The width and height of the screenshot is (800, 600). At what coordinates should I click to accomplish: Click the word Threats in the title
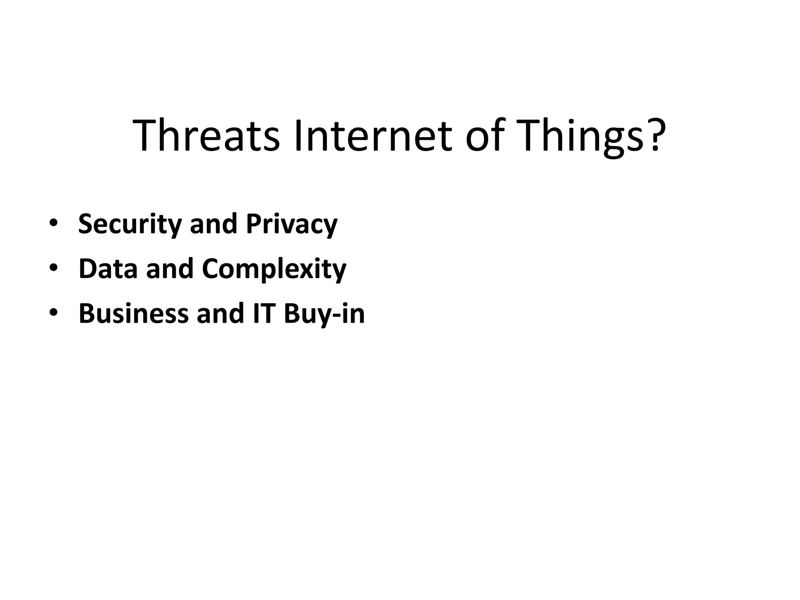coord(206,135)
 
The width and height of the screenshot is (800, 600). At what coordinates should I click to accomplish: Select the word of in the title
coord(483,135)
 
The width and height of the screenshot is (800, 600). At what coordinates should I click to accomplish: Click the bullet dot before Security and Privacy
coord(54,223)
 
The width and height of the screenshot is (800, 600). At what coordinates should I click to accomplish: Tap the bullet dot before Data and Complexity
coord(54,268)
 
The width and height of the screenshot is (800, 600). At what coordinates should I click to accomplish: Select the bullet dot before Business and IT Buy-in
coord(54,313)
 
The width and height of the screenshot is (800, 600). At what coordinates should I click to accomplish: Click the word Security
coord(130,224)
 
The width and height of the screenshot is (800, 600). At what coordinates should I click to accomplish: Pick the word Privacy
coord(291,224)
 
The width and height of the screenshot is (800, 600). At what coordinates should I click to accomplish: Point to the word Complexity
coord(274,270)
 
